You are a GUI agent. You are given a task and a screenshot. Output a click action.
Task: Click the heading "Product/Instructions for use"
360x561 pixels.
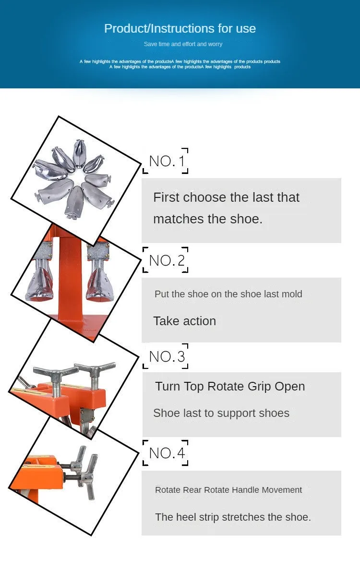tap(180, 28)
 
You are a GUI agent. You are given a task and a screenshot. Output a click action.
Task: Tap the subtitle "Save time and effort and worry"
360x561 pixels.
tap(183, 44)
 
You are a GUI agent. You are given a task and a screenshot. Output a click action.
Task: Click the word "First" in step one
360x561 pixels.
tap(166, 197)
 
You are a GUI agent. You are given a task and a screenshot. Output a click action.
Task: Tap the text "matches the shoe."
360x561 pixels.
tap(208, 219)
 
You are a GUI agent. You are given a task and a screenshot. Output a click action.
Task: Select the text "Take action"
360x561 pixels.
tap(184, 321)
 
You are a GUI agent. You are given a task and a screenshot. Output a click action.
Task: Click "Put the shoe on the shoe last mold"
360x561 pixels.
tap(228, 294)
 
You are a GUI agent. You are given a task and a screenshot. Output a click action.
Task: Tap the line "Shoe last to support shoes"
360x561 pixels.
tap(221, 413)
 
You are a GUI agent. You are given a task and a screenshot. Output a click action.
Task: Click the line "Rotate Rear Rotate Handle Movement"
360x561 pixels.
tap(228, 490)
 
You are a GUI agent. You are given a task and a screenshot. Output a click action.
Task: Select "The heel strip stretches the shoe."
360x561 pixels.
tap(233, 517)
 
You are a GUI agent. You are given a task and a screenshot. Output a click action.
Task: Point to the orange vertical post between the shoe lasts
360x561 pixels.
tap(70, 279)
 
